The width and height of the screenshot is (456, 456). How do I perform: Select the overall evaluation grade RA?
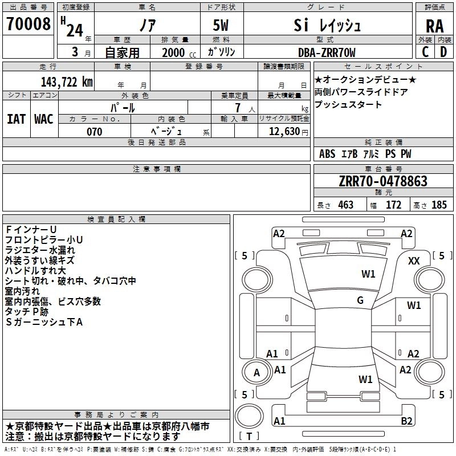click(x=434, y=26)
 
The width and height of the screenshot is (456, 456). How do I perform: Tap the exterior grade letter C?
click(x=425, y=52)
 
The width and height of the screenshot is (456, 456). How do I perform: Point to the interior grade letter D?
click(x=443, y=52)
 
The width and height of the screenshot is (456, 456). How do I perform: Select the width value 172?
click(x=393, y=205)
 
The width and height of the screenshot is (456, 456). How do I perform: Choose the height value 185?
click(x=439, y=205)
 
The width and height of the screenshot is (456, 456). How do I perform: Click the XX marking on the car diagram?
click(x=414, y=260)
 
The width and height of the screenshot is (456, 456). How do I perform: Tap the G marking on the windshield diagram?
click(x=360, y=300)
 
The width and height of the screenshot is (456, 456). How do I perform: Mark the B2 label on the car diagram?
click(x=407, y=421)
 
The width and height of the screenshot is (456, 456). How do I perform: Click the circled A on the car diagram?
click(x=256, y=373)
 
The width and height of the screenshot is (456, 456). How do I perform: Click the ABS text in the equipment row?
click(x=327, y=154)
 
